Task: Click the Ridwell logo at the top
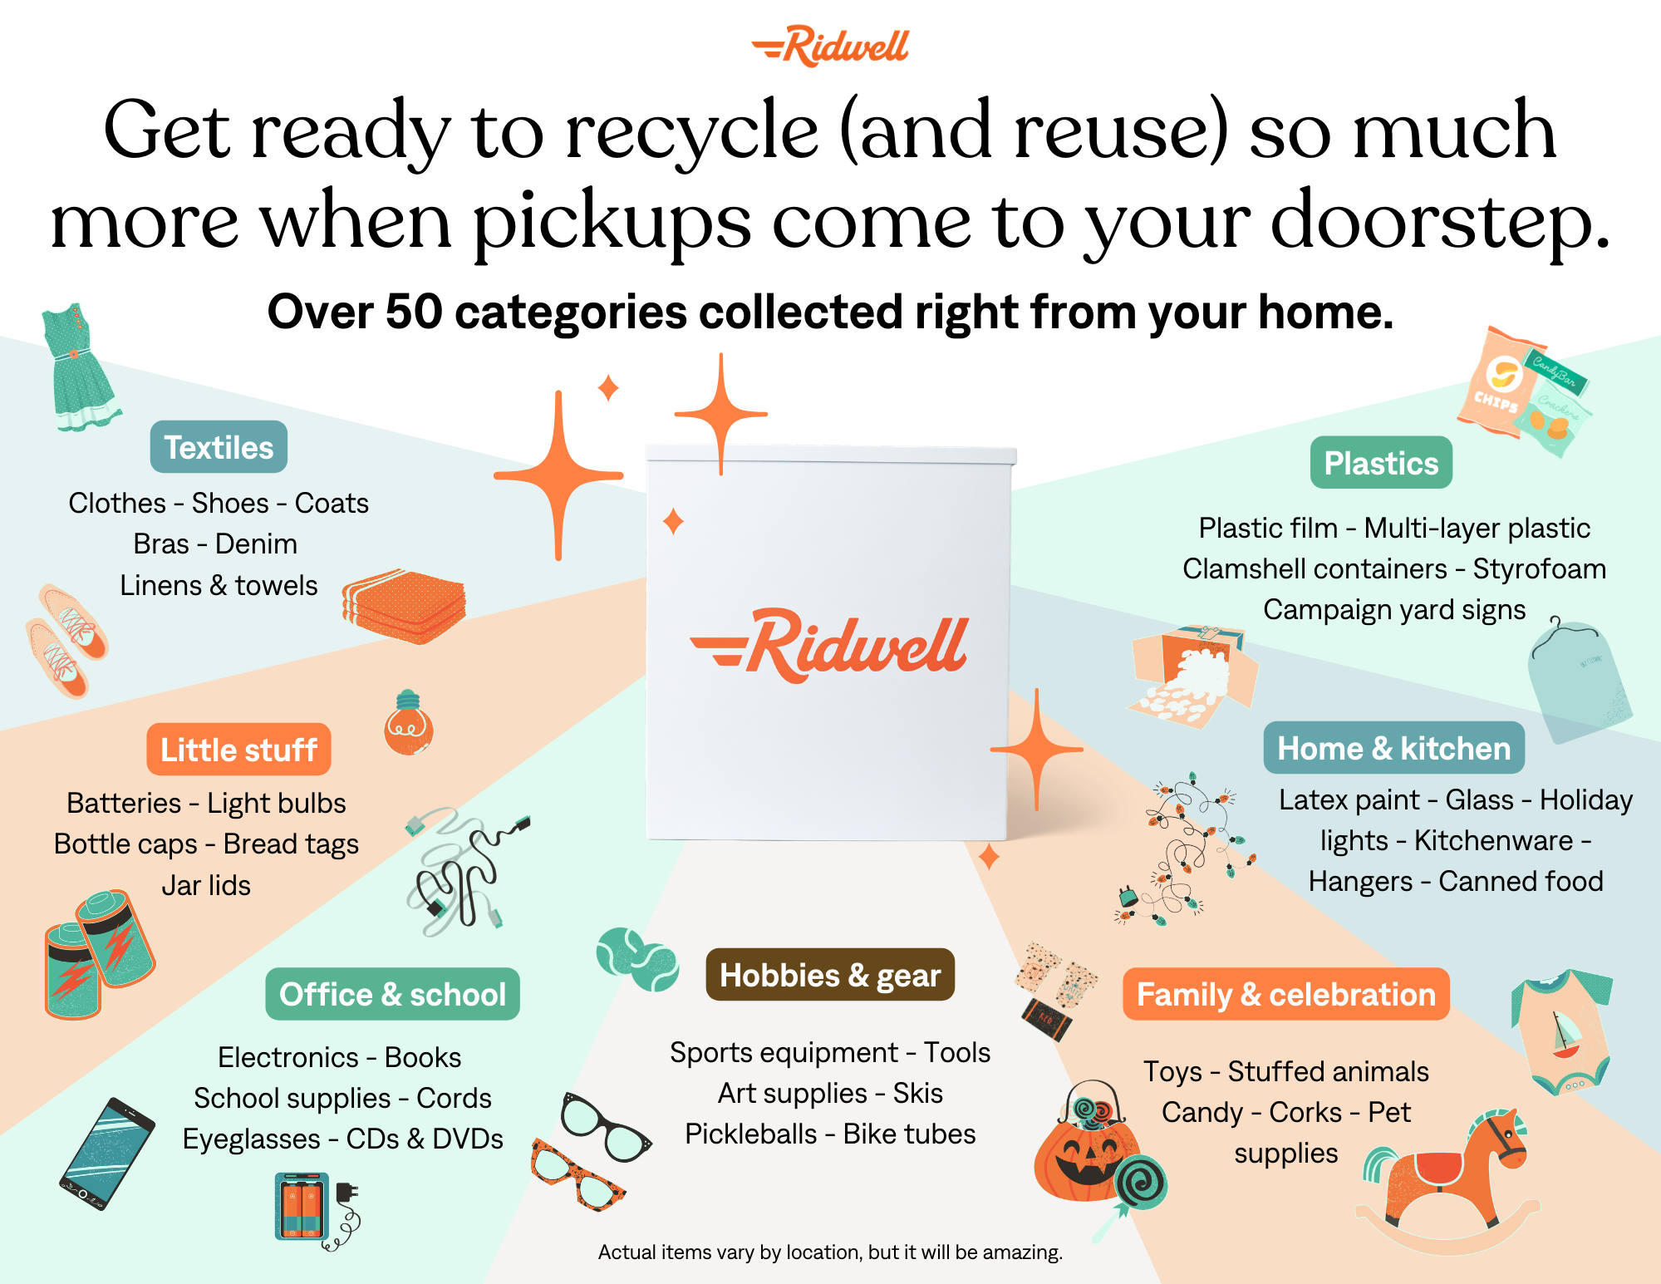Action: click(x=831, y=47)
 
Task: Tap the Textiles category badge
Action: click(x=219, y=447)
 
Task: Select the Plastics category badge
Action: click(x=1381, y=463)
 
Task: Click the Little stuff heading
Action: click(x=238, y=750)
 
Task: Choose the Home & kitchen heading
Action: click(x=1393, y=748)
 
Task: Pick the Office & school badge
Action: click(x=392, y=994)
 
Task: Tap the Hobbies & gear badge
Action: click(x=830, y=975)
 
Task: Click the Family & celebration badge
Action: click(x=1285, y=994)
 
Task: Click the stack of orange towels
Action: click(x=405, y=607)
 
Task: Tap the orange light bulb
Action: click(x=408, y=725)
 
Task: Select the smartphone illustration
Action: click(x=107, y=1154)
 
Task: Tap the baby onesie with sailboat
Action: click(x=1563, y=1031)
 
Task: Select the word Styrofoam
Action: click(x=1539, y=569)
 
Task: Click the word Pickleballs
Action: click(x=750, y=1134)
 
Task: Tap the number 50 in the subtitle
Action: click(x=413, y=312)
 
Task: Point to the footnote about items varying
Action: click(x=830, y=1252)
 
